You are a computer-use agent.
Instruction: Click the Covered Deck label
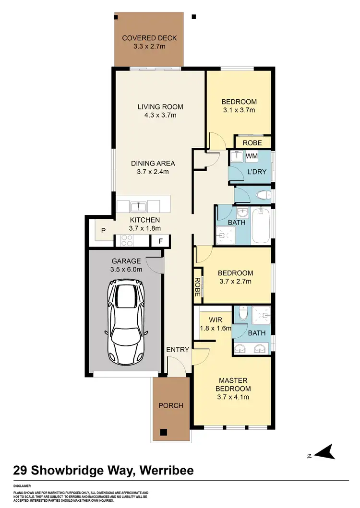coord(149,38)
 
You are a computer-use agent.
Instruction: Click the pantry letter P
coord(103,231)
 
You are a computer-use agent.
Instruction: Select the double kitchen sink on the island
coord(138,206)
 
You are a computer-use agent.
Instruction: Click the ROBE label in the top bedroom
coord(252,143)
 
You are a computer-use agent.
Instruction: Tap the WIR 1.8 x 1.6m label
coord(216,324)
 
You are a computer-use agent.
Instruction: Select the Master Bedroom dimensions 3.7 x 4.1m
coord(233,397)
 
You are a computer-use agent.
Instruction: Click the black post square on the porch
coord(163,431)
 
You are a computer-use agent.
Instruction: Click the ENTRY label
coord(178,350)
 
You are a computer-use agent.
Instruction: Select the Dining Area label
coord(153,163)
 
